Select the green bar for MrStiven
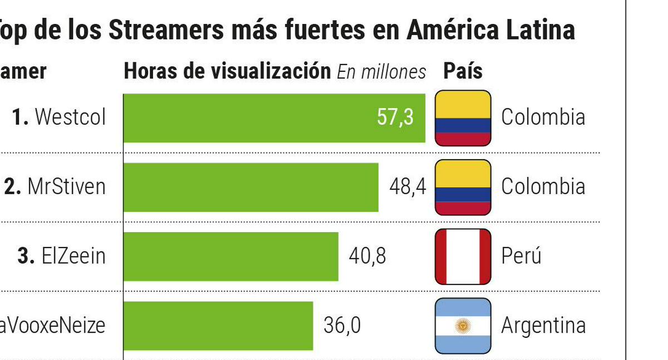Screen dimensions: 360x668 (x=250, y=187)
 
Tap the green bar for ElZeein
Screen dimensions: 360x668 (x=230, y=257)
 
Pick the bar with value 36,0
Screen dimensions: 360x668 (x=218, y=326)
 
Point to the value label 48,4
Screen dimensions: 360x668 (x=407, y=187)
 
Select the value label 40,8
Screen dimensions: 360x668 (x=367, y=257)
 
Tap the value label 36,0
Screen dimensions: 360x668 (x=342, y=326)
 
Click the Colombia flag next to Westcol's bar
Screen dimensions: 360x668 (x=463, y=118)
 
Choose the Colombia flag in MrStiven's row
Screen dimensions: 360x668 (x=463, y=187)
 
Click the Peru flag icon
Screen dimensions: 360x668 (x=463, y=257)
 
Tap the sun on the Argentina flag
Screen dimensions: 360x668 (x=463, y=326)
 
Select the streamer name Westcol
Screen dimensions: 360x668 (x=70, y=118)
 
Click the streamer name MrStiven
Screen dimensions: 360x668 (x=66, y=187)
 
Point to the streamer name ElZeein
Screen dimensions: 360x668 (x=73, y=257)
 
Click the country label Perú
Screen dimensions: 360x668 (x=521, y=257)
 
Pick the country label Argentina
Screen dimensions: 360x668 (x=543, y=326)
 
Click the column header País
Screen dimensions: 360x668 (x=463, y=71)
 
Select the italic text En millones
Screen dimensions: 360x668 (x=381, y=72)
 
